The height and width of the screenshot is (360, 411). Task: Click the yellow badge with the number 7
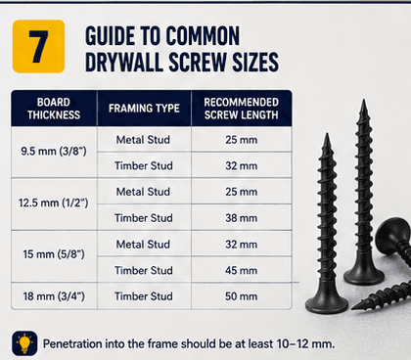pyautogui.click(x=38, y=46)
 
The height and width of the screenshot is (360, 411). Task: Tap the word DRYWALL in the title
pyautogui.click(x=124, y=62)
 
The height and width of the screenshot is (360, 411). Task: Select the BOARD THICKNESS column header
pyautogui.click(x=54, y=109)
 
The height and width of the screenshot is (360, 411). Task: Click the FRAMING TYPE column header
pyautogui.click(x=144, y=109)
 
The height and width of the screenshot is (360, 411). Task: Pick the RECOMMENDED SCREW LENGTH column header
pyautogui.click(x=241, y=109)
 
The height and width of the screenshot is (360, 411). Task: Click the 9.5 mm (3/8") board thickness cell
pyautogui.click(x=54, y=152)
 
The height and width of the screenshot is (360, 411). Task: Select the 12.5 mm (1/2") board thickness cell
pyautogui.click(x=54, y=203)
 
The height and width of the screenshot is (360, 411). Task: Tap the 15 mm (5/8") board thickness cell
pyautogui.click(x=54, y=254)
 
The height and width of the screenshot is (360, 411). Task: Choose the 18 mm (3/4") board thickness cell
pyautogui.click(x=54, y=296)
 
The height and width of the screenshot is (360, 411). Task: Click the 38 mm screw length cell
pyautogui.click(x=241, y=218)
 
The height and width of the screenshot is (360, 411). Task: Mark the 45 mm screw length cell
pyautogui.click(x=241, y=270)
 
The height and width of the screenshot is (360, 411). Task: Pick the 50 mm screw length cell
pyautogui.click(x=241, y=296)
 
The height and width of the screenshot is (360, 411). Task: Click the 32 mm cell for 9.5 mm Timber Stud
pyautogui.click(x=241, y=165)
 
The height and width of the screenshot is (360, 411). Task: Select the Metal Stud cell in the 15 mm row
pyautogui.click(x=144, y=245)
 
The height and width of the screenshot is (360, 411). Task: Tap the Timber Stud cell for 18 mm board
pyautogui.click(x=144, y=296)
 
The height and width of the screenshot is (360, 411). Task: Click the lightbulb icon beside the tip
pyautogui.click(x=24, y=343)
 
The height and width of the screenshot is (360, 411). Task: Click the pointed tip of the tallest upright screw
pyautogui.click(x=363, y=100)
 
